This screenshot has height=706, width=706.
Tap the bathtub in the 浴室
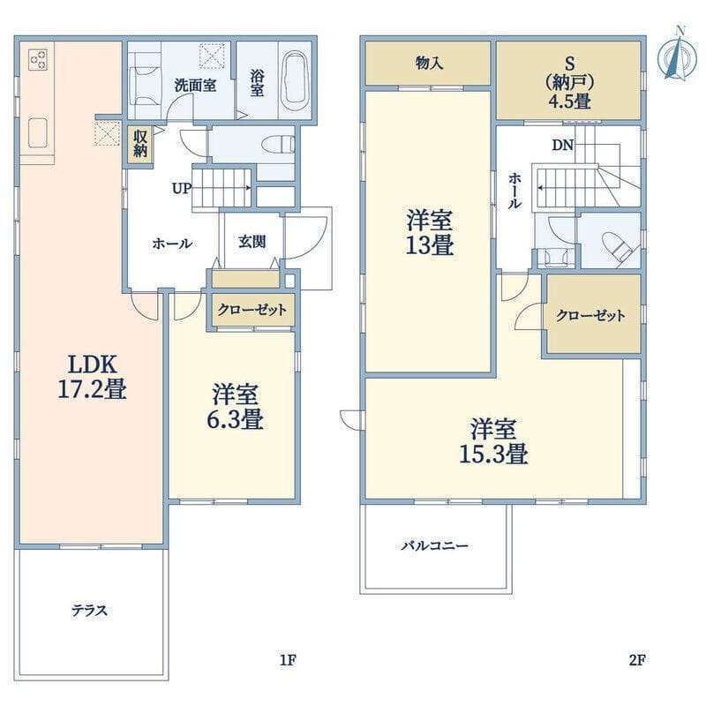(295, 80)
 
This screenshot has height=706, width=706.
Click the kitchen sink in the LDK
(38, 133)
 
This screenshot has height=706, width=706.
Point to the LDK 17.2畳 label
(93, 377)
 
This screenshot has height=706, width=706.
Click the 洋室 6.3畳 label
(235, 406)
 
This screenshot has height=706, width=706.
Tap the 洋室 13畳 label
(430, 232)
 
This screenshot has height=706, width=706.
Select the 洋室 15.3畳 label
(493, 441)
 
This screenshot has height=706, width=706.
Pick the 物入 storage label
(430, 63)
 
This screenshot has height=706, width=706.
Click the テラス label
(90, 611)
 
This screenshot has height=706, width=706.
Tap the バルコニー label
(435, 546)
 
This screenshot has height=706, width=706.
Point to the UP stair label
(182, 188)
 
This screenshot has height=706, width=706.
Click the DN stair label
(563, 145)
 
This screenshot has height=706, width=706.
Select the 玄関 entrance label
(252, 242)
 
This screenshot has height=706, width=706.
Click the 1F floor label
(288, 660)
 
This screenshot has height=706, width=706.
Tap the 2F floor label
(637, 660)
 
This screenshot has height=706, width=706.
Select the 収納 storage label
(140, 144)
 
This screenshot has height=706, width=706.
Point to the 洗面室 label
(195, 85)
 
